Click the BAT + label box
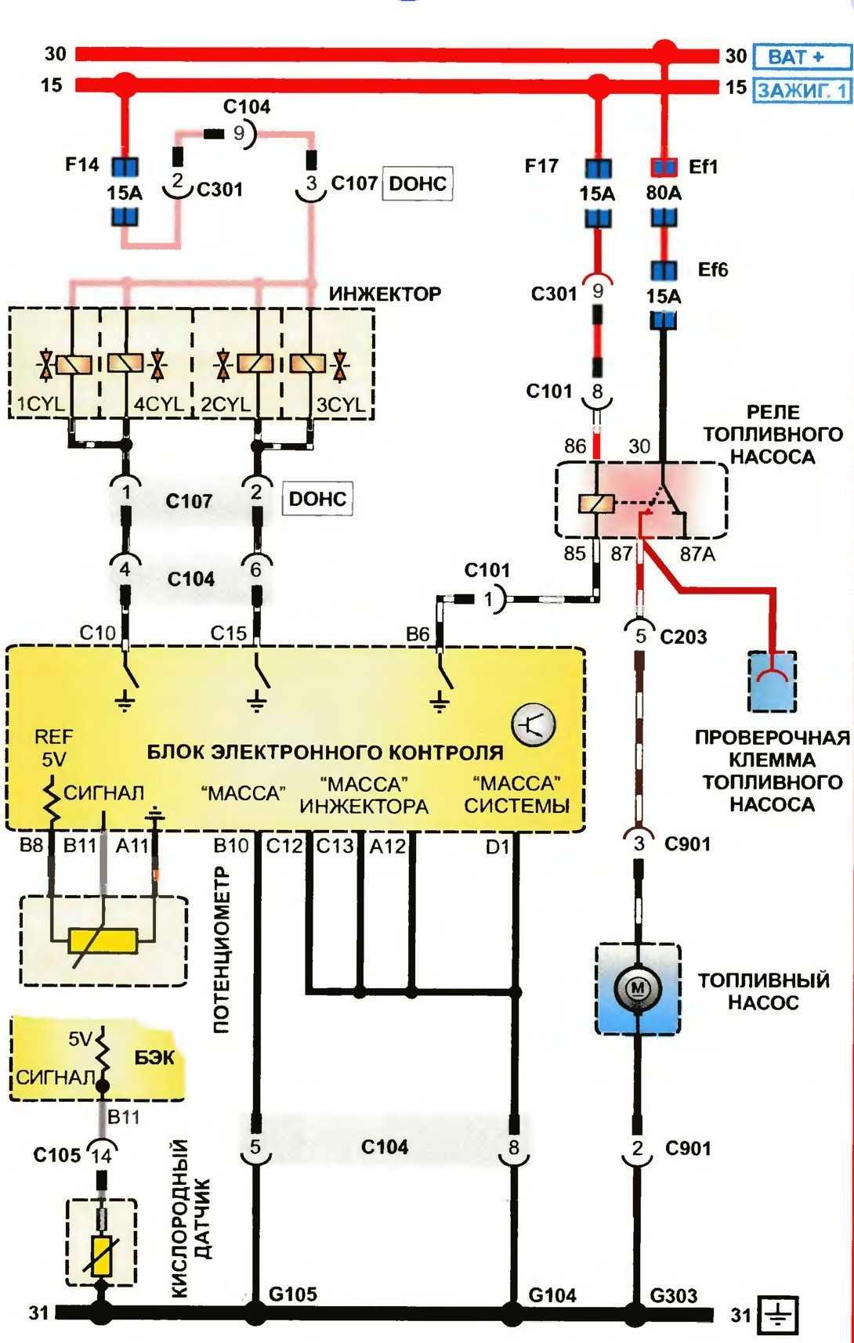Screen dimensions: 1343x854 (801, 56)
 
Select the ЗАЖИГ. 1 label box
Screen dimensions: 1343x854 (802, 90)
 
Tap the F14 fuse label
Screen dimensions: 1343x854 (81, 165)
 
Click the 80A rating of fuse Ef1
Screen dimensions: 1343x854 (664, 193)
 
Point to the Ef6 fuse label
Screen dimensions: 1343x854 (712, 270)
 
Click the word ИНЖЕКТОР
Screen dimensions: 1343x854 (385, 294)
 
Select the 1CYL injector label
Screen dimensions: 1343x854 (41, 405)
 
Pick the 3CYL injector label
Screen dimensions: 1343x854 (339, 405)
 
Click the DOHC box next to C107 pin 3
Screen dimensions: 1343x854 (417, 184)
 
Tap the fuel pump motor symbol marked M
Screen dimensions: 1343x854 (637, 988)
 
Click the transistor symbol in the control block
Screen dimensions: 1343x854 (534, 724)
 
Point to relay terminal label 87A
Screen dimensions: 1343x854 (697, 554)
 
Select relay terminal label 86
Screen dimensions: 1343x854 (575, 446)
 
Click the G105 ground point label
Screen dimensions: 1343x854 (293, 1294)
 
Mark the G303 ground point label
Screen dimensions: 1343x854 (673, 1296)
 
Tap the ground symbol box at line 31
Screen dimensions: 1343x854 (777, 1316)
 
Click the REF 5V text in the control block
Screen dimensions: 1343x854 (53, 748)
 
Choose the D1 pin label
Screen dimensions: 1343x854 (497, 847)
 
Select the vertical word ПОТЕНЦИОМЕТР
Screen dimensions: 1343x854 (222, 949)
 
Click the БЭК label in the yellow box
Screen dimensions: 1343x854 (154, 1058)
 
